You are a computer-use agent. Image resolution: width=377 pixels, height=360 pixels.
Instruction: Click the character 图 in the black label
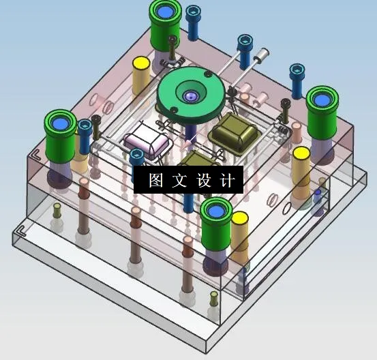pyautogui.click(x=156, y=180)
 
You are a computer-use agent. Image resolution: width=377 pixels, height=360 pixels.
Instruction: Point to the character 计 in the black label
pyautogui.click(x=227, y=180)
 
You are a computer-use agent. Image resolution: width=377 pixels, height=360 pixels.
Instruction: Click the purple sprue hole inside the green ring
pyautogui.click(x=191, y=96)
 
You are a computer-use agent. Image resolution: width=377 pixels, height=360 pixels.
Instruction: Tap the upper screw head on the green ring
pyautogui.click(x=208, y=74)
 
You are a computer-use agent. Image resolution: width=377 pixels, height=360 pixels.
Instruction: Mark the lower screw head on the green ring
pyautogui.click(x=174, y=110)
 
